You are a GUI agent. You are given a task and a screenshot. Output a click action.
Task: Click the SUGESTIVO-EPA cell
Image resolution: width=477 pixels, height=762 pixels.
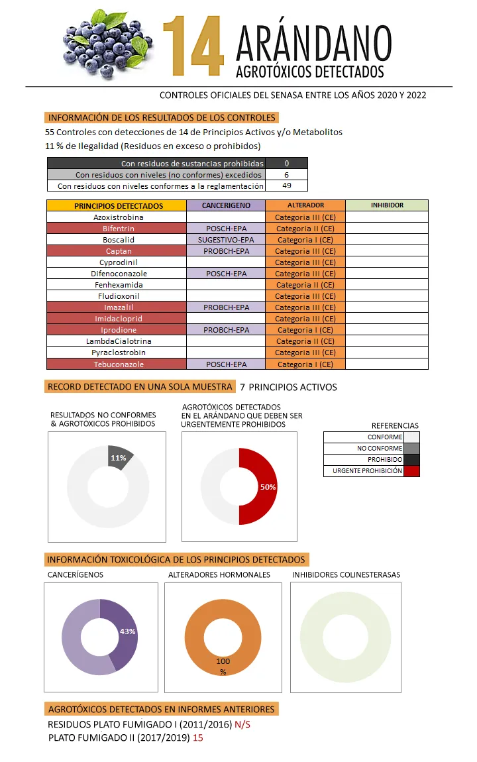225,240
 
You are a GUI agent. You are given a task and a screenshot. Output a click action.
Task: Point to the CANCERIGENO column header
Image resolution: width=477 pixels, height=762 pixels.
225,205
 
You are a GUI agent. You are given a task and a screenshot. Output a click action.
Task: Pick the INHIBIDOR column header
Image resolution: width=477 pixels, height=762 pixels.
387,205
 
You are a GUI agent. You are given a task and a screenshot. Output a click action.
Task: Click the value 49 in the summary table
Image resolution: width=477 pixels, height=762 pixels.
286,186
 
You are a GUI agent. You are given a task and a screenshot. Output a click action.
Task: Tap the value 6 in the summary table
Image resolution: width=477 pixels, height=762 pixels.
286,175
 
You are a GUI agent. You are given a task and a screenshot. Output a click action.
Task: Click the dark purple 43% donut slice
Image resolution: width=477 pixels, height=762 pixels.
123,633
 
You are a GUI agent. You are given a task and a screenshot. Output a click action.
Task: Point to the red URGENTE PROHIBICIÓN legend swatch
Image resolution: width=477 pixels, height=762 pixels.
411,471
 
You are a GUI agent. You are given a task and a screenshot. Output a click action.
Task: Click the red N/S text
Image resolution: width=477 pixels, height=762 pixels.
242,725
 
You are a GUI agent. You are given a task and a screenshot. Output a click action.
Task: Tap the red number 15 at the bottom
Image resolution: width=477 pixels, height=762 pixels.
198,737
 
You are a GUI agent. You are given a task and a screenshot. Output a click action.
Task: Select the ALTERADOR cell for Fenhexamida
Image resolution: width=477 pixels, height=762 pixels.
305,285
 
